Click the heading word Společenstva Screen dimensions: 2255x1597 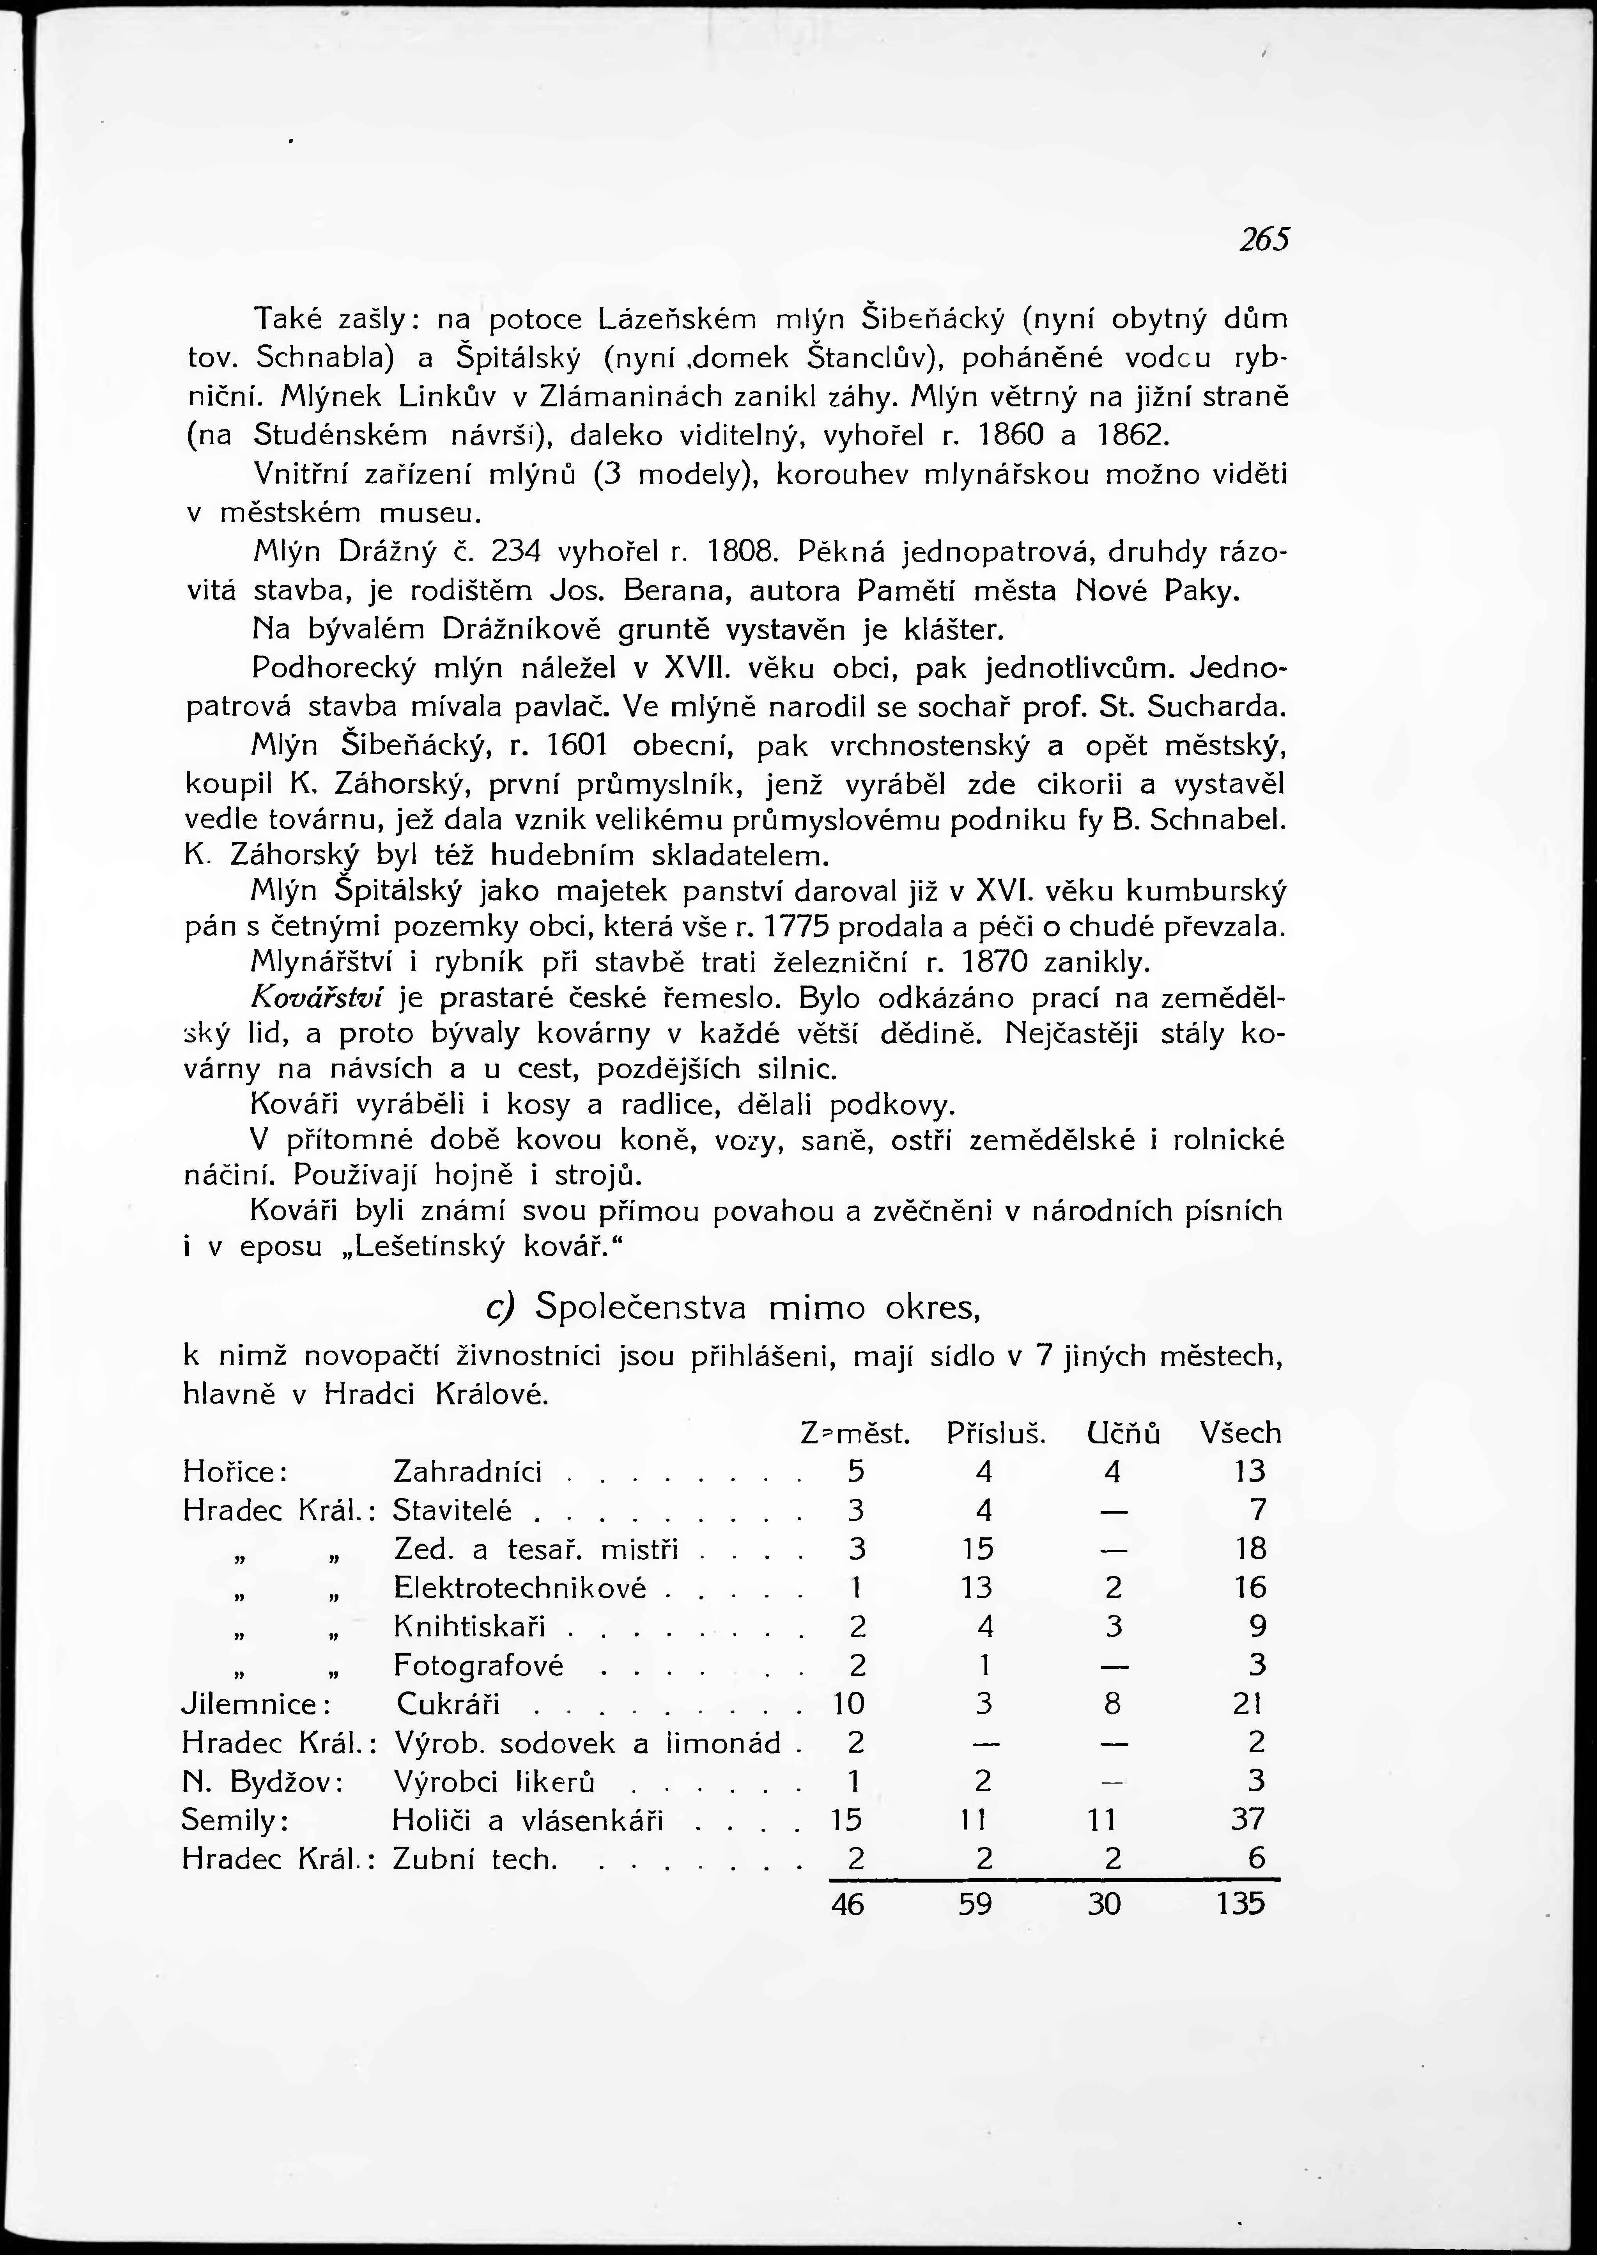(641, 1308)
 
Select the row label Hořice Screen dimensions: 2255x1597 (234, 1472)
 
